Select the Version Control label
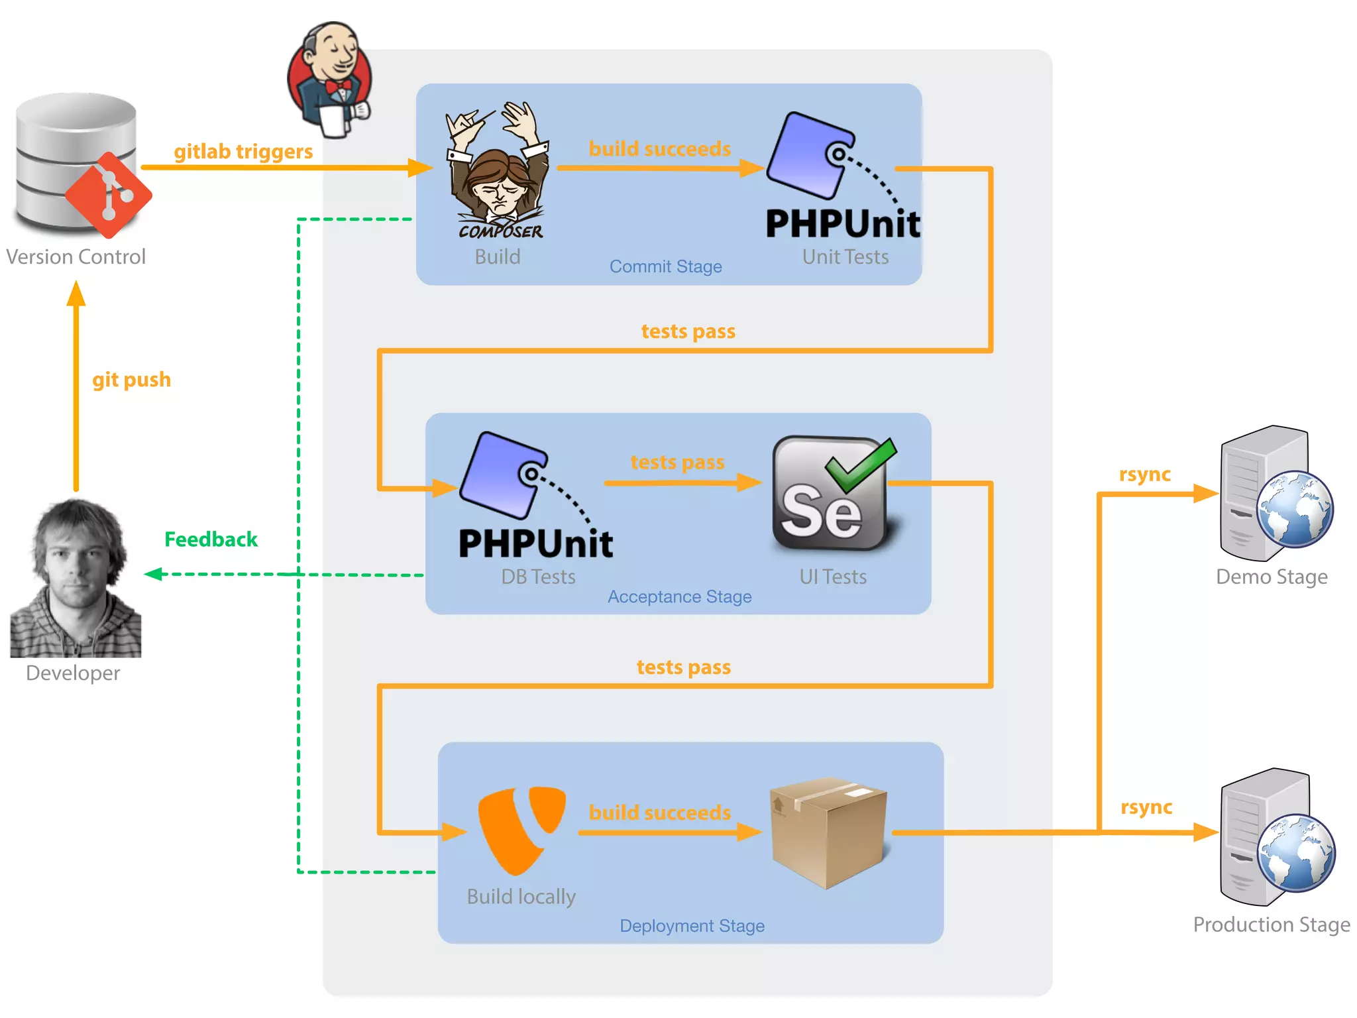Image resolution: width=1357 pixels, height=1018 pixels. [76, 257]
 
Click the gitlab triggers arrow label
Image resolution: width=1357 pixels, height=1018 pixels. [243, 152]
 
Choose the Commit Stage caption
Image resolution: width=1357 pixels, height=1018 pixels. [665, 266]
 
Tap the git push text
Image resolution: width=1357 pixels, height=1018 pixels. [131, 380]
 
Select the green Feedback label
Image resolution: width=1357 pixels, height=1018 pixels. [211, 539]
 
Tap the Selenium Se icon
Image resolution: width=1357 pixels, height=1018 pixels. [831, 494]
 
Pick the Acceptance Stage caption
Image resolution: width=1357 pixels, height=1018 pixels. [679, 596]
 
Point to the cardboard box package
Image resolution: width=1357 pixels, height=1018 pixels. [828, 832]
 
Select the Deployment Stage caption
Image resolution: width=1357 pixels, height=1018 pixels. [692, 926]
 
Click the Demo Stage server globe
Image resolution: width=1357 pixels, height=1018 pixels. [1294, 508]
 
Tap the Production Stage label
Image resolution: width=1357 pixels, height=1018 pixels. [1271, 925]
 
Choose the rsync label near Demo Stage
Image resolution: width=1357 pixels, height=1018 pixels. [1144, 475]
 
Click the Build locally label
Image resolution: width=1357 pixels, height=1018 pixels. [521, 897]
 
